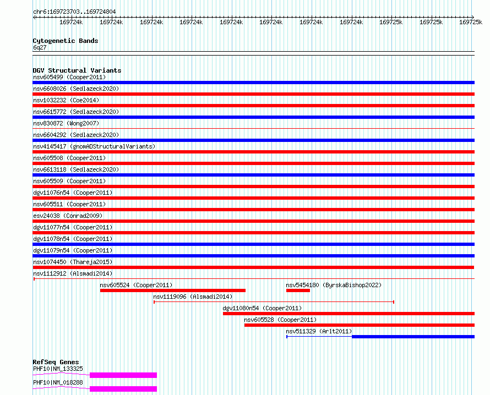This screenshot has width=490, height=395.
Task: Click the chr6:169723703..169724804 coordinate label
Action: click(x=74, y=12)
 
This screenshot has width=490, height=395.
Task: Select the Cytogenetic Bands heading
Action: click(x=66, y=41)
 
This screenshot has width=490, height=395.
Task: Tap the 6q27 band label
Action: click(x=40, y=47)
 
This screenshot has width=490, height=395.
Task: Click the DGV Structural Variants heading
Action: click(x=77, y=70)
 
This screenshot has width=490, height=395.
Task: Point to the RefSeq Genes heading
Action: click(x=56, y=362)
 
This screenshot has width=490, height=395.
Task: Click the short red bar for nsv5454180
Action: click(x=298, y=290)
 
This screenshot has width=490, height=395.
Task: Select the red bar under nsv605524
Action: click(x=173, y=290)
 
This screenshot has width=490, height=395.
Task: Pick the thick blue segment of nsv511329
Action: click(x=413, y=337)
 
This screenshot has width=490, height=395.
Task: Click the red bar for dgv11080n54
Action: click(x=349, y=314)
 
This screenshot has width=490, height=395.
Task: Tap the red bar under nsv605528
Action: click(x=360, y=325)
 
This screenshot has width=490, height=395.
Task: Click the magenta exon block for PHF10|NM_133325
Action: click(x=123, y=375)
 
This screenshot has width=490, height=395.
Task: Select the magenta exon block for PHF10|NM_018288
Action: click(x=123, y=389)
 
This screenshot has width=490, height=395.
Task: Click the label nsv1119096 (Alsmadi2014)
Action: click(x=193, y=297)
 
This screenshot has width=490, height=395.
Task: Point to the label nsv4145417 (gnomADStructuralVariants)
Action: click(x=94, y=146)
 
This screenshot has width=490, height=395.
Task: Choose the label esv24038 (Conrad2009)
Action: click(x=68, y=216)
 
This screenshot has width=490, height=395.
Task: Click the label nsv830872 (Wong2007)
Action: click(x=66, y=123)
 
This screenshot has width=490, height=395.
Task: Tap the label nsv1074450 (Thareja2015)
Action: click(x=73, y=262)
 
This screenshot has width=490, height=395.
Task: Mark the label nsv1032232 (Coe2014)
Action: click(x=66, y=100)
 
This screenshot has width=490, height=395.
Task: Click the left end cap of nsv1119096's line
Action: click(x=154, y=302)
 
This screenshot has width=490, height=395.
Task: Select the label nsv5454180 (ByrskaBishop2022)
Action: click(x=334, y=285)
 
